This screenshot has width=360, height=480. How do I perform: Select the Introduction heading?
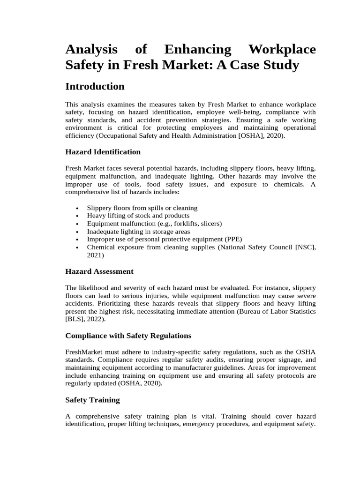95,87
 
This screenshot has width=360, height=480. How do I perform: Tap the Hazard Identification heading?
103,152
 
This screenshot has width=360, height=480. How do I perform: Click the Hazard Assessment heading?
99,271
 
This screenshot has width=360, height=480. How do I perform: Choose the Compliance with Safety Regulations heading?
128,336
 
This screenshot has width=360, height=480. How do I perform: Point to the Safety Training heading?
92,400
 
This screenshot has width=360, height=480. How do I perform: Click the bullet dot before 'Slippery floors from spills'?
77,208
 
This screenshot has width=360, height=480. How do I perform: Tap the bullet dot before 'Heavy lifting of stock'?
77,216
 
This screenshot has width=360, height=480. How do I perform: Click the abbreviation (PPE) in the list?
232,239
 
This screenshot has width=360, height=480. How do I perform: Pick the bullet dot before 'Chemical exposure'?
77,247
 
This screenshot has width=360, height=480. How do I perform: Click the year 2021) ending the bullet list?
96,255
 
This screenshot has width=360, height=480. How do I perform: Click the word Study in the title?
280,65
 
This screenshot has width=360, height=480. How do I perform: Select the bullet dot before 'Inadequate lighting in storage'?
77,232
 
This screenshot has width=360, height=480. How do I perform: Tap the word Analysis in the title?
92,50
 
